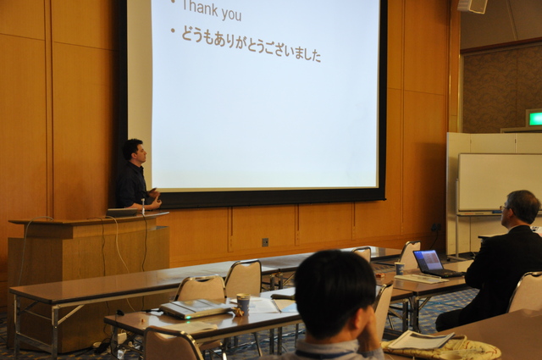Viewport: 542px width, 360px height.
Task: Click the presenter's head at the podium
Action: [134, 150]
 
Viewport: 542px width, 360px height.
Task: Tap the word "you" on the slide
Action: [231, 14]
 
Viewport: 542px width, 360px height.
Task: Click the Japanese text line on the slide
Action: [252, 45]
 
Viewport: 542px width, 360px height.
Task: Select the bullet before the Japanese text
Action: [173, 30]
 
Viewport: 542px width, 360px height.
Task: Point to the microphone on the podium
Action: [143, 206]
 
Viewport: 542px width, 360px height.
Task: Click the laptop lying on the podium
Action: [122, 212]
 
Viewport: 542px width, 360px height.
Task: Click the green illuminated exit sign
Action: [534, 119]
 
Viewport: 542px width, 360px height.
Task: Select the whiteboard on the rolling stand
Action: [500, 183]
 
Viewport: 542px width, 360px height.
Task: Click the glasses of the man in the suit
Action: [504, 208]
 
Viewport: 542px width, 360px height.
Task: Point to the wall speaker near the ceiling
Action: [473, 6]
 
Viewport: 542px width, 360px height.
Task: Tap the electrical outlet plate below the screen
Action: [265, 242]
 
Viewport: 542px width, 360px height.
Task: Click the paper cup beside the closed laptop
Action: [243, 303]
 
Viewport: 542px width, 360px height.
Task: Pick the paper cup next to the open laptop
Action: [399, 269]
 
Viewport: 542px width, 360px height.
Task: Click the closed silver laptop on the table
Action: [196, 308]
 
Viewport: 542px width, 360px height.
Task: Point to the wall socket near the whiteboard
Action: [436, 227]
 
